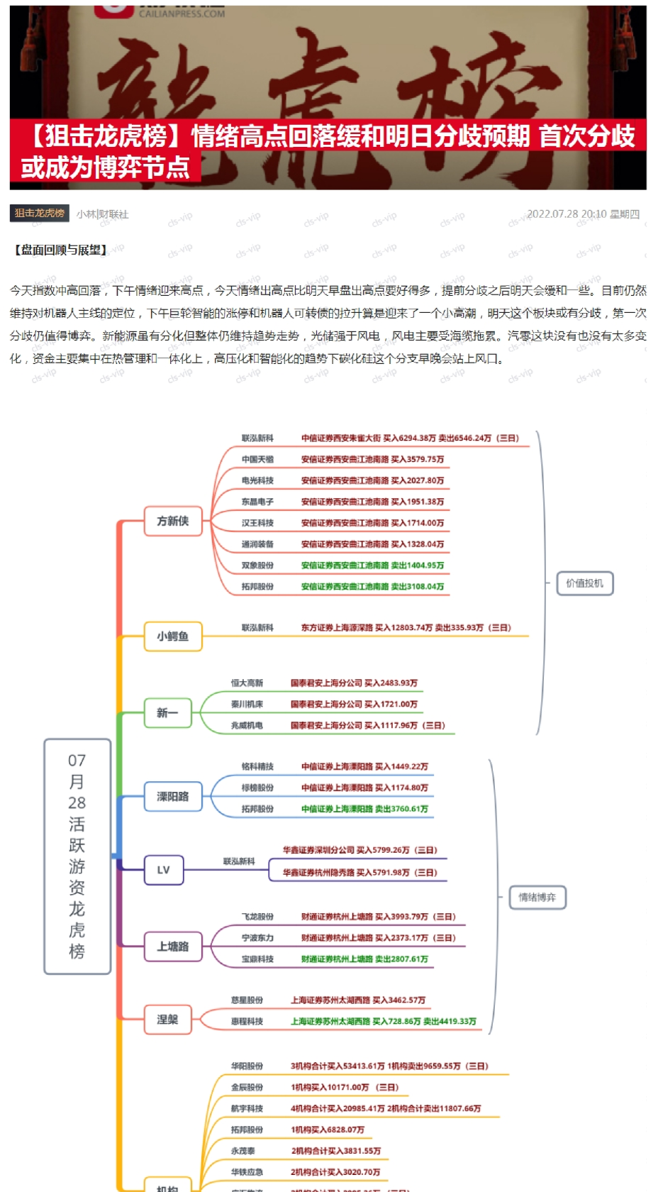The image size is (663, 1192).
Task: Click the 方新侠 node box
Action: (173, 521)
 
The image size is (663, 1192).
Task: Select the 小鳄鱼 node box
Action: (173, 636)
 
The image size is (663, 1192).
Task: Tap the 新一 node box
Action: (167, 712)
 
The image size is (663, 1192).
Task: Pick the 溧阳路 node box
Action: (173, 797)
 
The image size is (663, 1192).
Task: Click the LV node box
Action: (164, 870)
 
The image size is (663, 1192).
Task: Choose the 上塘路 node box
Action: (173, 947)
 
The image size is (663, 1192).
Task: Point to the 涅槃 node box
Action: (167, 1020)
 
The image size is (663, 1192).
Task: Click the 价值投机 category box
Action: (584, 583)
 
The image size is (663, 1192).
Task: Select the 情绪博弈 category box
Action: (537, 898)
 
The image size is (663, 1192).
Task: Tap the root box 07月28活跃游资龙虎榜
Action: (77, 856)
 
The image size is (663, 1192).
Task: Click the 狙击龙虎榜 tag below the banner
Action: (40, 213)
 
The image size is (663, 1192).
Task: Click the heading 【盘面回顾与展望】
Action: (61, 250)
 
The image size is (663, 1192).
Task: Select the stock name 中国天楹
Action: (257, 460)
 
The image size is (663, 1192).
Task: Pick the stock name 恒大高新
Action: (247, 683)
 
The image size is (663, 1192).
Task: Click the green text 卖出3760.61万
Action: (401, 809)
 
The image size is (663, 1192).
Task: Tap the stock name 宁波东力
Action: (257, 938)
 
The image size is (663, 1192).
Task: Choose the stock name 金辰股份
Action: (247, 1087)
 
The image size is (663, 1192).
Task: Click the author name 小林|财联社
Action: (103, 214)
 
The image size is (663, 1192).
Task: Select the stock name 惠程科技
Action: (247, 1022)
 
